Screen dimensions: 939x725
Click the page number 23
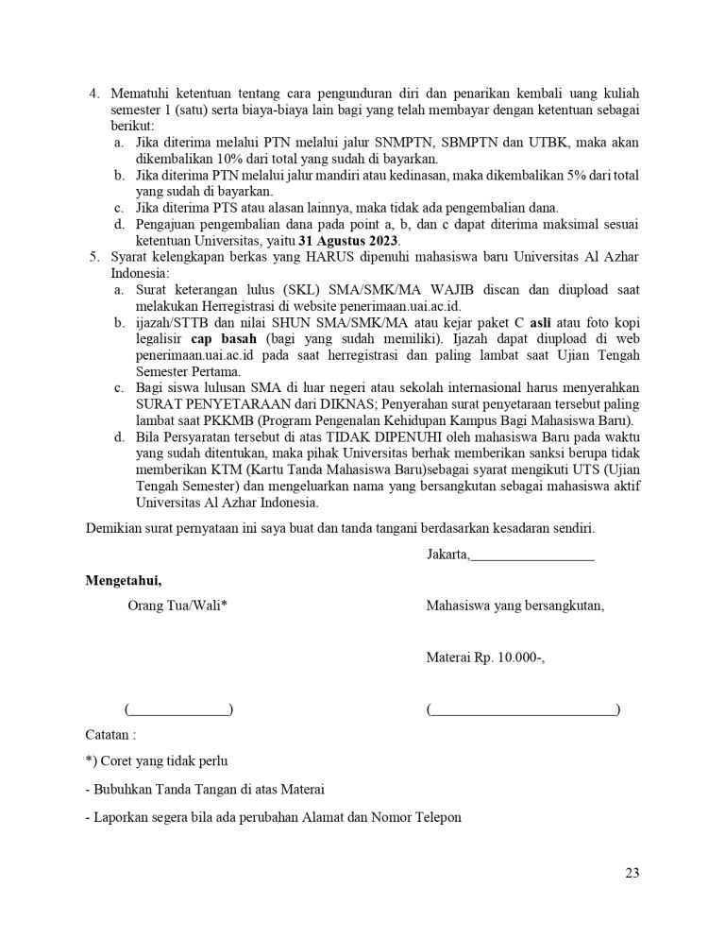coord(632,872)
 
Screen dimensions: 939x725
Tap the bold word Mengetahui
coord(123,580)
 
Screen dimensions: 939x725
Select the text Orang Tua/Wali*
coord(177,606)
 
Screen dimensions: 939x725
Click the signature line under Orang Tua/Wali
coord(178,709)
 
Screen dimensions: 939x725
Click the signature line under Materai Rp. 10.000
coord(523,709)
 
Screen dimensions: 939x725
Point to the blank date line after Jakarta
coord(532,555)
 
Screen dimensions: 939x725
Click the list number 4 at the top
coord(93,94)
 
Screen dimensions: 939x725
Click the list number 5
coord(93,257)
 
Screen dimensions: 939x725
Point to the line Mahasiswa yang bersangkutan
coord(515,606)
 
